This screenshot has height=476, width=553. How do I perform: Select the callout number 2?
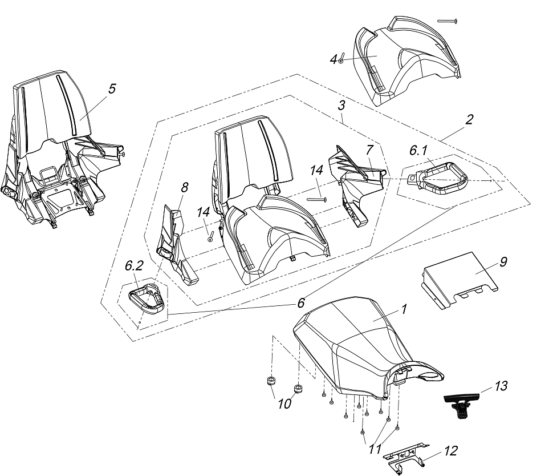[x=469, y=120]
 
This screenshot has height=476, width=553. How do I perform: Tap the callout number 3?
[x=341, y=106]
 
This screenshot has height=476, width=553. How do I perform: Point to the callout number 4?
[x=334, y=59]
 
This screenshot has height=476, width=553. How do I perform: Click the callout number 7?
[x=369, y=151]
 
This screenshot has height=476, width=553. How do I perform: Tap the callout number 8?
[x=184, y=188]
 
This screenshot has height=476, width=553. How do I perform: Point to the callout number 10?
[x=284, y=404]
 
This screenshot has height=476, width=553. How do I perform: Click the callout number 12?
[x=450, y=451]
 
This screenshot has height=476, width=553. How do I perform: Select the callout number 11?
[x=375, y=449]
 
